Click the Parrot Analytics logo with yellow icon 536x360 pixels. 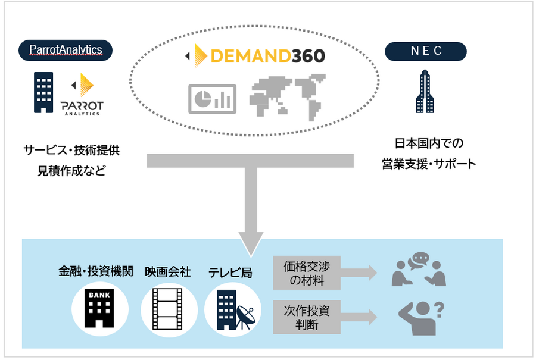82,96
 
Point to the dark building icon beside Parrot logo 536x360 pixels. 43,92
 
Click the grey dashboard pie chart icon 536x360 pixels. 213,98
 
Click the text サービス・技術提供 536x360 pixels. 71,151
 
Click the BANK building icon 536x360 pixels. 96,308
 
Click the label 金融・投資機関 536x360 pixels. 96,272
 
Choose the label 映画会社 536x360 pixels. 167,272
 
